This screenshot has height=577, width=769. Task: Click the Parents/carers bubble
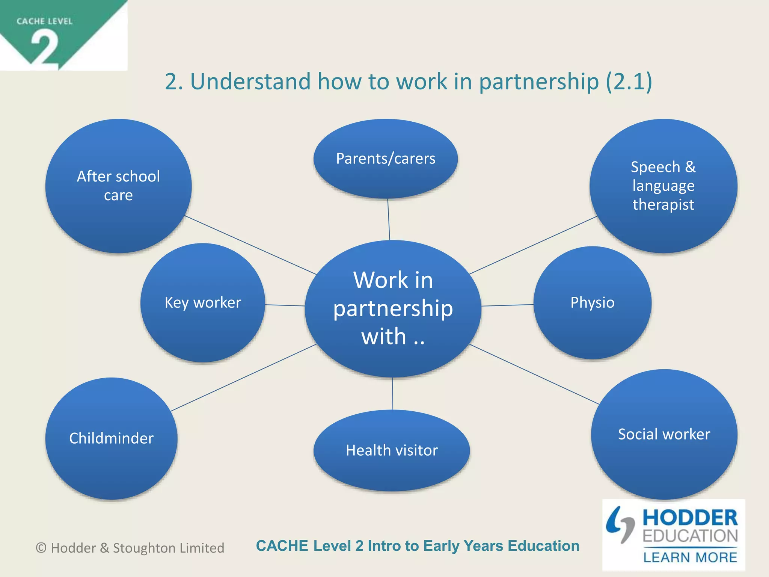[386, 159]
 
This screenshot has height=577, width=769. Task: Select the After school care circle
[118, 186]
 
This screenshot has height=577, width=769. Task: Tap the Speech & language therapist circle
[663, 186]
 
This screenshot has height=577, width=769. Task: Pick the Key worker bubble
[203, 303]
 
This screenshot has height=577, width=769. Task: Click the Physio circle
[592, 303]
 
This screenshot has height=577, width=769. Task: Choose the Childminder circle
[112, 438]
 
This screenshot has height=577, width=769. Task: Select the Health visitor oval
[392, 450]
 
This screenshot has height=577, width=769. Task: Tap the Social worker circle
[664, 434]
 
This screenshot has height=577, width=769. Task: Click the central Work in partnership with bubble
[393, 308]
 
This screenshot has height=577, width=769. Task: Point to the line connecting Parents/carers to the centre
[389, 219]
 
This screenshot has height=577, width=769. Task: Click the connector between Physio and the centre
[507, 305]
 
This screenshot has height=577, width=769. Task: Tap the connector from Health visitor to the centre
[392, 393]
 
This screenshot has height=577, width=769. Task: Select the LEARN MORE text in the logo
[690, 557]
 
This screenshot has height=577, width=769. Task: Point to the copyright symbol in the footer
[41, 548]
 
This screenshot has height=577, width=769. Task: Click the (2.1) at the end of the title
[629, 81]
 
